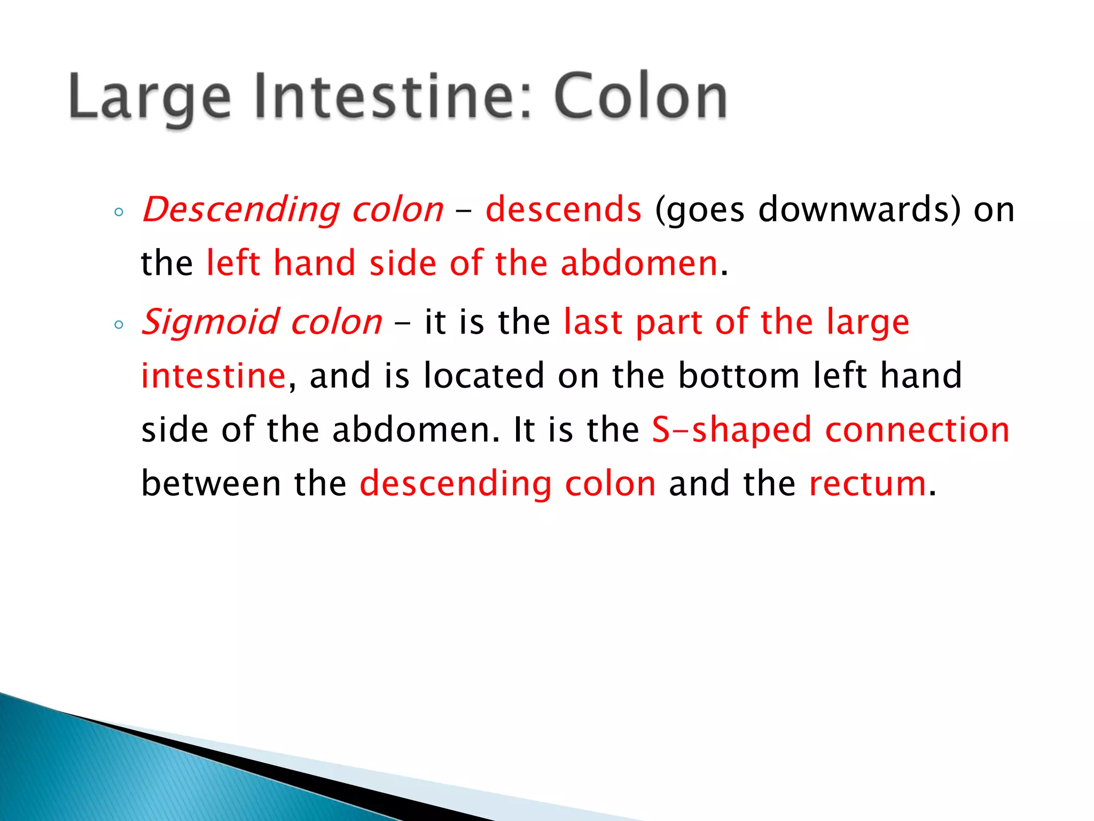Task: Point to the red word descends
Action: (x=563, y=209)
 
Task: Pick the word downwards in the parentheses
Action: (x=853, y=209)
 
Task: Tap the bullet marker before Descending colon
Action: (x=119, y=212)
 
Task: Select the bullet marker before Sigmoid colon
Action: (x=119, y=324)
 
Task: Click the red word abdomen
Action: (x=639, y=264)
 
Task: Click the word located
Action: (x=484, y=375)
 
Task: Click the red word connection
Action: (x=917, y=430)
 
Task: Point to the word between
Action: (x=211, y=483)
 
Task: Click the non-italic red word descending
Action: (x=456, y=484)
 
